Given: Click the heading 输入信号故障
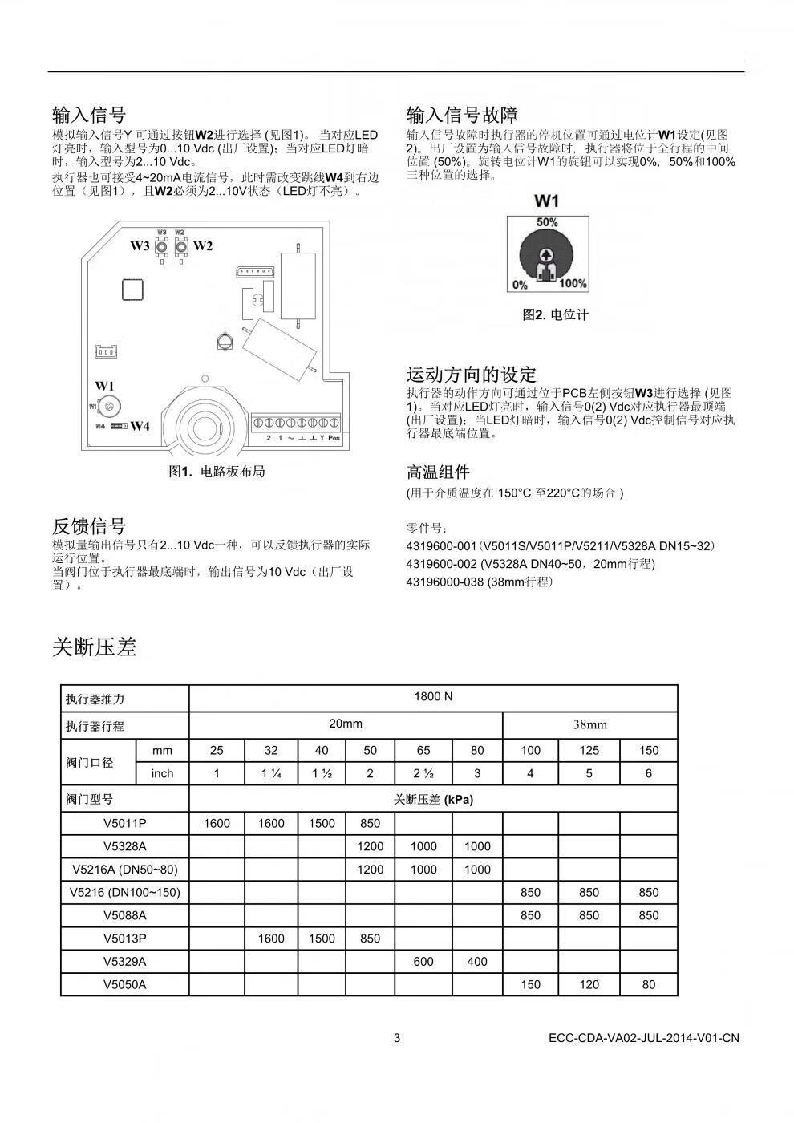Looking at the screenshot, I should pos(462,115).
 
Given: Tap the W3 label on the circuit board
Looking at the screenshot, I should pos(140,246).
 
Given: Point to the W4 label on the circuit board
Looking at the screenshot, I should pos(140,426).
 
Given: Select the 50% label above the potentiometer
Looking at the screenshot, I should pos(547,221).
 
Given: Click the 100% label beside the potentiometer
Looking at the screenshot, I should pos(573,284).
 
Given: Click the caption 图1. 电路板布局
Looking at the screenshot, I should pos(217,472).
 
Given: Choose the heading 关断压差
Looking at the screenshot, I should pos(95,647).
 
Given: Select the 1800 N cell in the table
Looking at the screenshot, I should pos(433,696).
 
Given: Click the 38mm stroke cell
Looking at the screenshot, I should pos(589,724).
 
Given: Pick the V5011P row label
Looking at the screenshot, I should pos(125,823).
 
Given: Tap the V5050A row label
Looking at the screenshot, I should pos(125,984).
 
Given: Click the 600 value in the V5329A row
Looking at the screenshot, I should pos(423,961).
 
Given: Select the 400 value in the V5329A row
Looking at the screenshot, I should pos(477,961).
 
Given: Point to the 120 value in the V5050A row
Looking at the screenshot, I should pos(589,984).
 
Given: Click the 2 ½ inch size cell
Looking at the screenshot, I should pos(423,773).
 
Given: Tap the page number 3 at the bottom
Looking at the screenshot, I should pos(396,1038).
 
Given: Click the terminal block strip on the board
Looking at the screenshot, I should pos(296,422).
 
